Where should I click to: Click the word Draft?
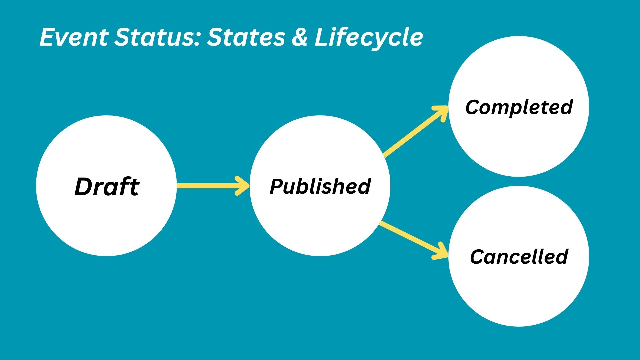(x=107, y=186)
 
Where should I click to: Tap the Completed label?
(x=519, y=107)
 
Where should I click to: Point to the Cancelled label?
(x=519, y=256)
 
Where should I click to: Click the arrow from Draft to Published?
(x=210, y=186)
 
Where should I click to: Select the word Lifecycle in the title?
(x=369, y=37)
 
